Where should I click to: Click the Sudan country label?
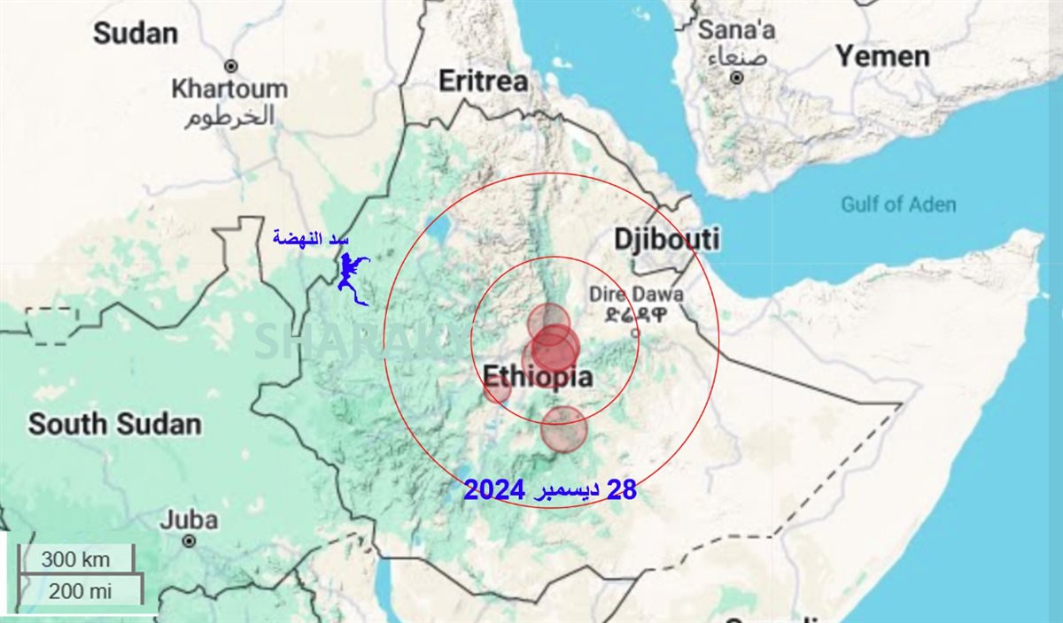point(136,34)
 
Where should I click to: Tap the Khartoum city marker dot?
point(231,66)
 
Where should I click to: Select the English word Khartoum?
point(229,89)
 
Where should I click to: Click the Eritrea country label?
point(484,81)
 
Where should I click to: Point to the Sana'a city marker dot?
point(736,78)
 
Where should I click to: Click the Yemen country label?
point(882,57)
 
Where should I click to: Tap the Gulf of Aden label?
point(898,205)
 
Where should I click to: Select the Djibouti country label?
point(667,239)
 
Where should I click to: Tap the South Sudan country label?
point(114,424)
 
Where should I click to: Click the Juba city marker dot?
point(189,540)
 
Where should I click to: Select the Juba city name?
point(189,519)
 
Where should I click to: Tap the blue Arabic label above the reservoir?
point(311,238)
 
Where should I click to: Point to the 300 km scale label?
point(75,559)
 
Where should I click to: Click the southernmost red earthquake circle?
point(563,429)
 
